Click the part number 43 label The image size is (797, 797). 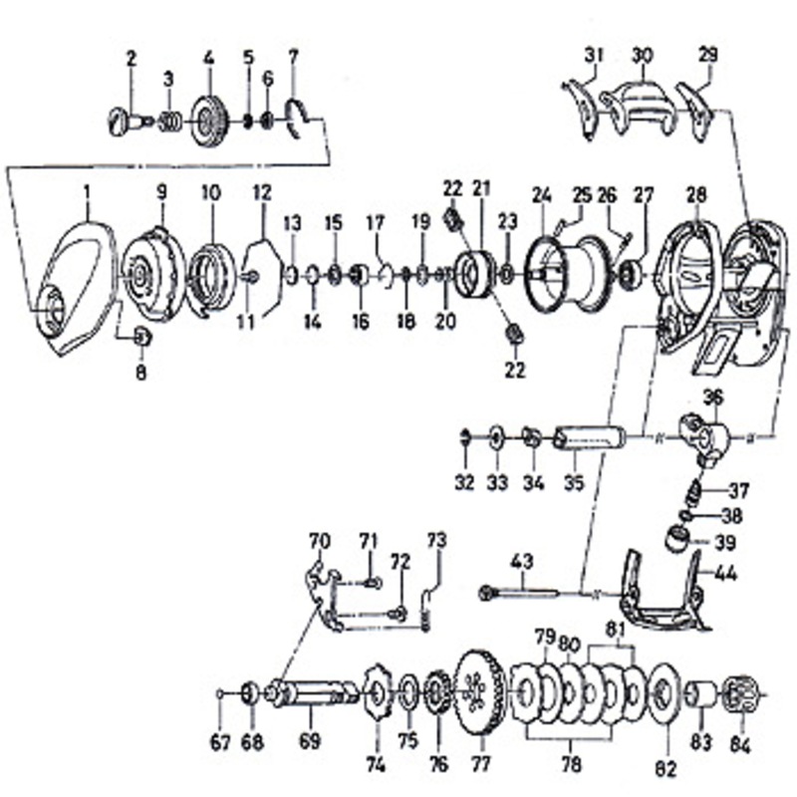click(x=522, y=561)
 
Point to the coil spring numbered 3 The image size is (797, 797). click(x=170, y=123)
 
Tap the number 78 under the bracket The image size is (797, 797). click(x=570, y=763)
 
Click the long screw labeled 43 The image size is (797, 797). click(x=519, y=592)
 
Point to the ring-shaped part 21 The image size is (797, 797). click(x=474, y=275)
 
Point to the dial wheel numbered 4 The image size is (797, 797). click(x=209, y=122)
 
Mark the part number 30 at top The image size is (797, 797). click(x=642, y=55)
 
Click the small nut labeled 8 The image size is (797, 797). click(x=141, y=337)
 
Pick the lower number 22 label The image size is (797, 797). click(x=514, y=370)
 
